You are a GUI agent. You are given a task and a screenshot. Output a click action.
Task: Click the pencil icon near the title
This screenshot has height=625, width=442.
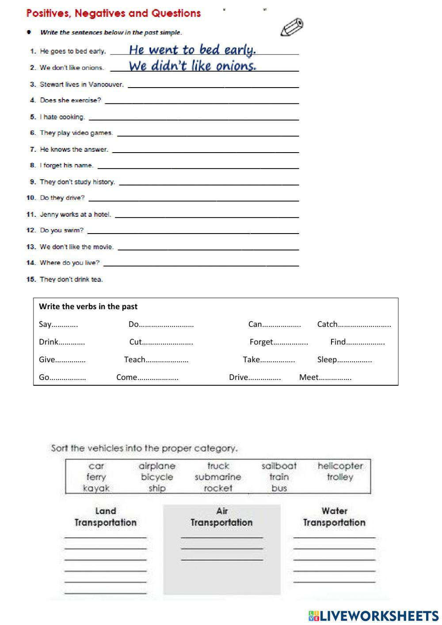pos(292,27)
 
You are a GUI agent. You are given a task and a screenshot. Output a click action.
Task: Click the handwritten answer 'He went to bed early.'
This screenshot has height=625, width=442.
pos(192,50)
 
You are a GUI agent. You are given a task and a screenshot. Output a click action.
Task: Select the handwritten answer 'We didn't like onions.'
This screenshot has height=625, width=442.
pos(192,66)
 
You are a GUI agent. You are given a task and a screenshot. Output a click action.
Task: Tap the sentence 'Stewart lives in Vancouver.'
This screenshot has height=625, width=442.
pos(82,84)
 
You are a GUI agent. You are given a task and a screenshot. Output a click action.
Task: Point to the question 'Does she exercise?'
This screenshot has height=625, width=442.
pos(70,100)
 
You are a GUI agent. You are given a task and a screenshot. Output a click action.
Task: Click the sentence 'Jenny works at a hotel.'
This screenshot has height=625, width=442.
pos(75,215)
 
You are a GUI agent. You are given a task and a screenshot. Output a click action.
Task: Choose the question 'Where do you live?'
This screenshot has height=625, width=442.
pos(69,263)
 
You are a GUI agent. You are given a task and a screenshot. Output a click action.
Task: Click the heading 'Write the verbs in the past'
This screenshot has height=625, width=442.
pos(88,307)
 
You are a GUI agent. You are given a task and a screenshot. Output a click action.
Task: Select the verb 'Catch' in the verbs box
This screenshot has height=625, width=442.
pos(327,324)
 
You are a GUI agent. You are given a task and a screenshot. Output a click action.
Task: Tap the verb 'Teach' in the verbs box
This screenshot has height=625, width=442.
pos(134,360)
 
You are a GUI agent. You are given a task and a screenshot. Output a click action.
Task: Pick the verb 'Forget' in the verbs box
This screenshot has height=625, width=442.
pos(261,342)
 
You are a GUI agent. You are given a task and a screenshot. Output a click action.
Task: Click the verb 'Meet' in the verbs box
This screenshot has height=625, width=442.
pos(309,377)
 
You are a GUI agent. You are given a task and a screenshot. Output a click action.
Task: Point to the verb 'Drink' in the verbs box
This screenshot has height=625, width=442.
pos(48,342)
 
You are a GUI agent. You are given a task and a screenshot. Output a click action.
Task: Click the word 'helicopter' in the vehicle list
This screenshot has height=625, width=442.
pos(340,466)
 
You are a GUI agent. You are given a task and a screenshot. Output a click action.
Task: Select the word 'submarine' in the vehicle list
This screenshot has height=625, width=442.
pos(218,477)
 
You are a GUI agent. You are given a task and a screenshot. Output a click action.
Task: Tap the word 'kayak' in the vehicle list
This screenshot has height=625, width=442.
pos(96,488)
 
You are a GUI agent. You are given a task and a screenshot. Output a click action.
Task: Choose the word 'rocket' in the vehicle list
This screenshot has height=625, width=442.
pos(218,488)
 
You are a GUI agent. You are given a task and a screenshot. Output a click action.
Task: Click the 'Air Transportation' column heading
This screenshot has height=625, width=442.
pos(221,517)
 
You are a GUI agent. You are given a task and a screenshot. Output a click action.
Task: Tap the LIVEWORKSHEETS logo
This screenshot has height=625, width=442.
pos(373,615)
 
